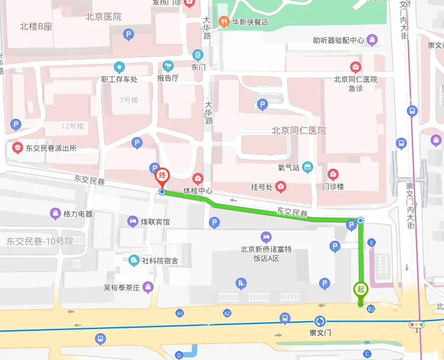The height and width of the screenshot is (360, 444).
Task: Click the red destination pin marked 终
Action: (x=162, y=176)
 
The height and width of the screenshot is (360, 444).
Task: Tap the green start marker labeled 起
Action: (x=361, y=290)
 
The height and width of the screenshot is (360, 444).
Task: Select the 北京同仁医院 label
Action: (x=298, y=131)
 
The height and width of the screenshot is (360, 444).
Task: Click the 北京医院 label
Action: (x=104, y=17)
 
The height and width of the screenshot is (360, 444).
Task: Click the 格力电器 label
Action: (x=78, y=214)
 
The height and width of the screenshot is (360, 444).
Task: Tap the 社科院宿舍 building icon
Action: (x=133, y=261)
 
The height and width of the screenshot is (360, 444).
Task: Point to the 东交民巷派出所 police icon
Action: (x=17, y=148)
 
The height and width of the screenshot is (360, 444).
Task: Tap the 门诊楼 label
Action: (x=333, y=186)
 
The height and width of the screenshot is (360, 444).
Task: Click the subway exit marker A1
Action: (x=180, y=313)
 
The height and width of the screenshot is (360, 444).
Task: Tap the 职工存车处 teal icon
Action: (x=119, y=67)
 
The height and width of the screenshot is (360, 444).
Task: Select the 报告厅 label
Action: (x=167, y=79)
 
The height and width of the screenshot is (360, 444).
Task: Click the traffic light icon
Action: (x=417, y=325)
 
